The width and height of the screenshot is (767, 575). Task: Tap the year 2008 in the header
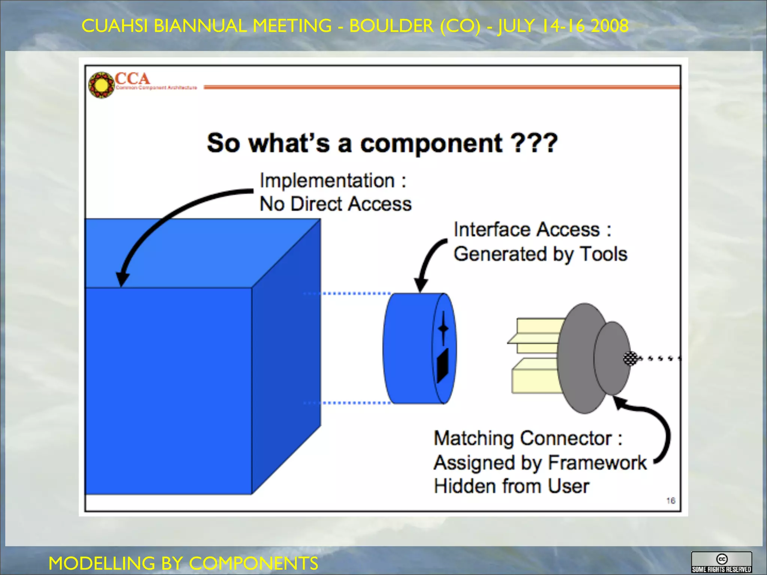point(609,26)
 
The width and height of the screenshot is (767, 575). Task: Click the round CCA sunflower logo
point(101,85)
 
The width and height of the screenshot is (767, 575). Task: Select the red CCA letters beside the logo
point(132,79)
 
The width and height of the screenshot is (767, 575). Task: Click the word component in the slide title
point(431,144)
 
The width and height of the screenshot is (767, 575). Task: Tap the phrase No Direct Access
point(336,204)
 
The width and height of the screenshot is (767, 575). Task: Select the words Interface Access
point(527,229)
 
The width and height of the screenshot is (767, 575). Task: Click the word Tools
point(603,254)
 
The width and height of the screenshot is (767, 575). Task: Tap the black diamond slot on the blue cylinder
point(443,365)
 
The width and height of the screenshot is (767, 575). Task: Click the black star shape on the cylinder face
point(443,328)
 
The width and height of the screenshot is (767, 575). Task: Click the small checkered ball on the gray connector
point(630,358)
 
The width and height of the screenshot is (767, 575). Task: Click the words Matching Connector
point(523,438)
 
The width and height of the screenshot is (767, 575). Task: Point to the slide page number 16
point(670,501)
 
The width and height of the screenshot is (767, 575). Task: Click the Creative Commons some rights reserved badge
point(721,562)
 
